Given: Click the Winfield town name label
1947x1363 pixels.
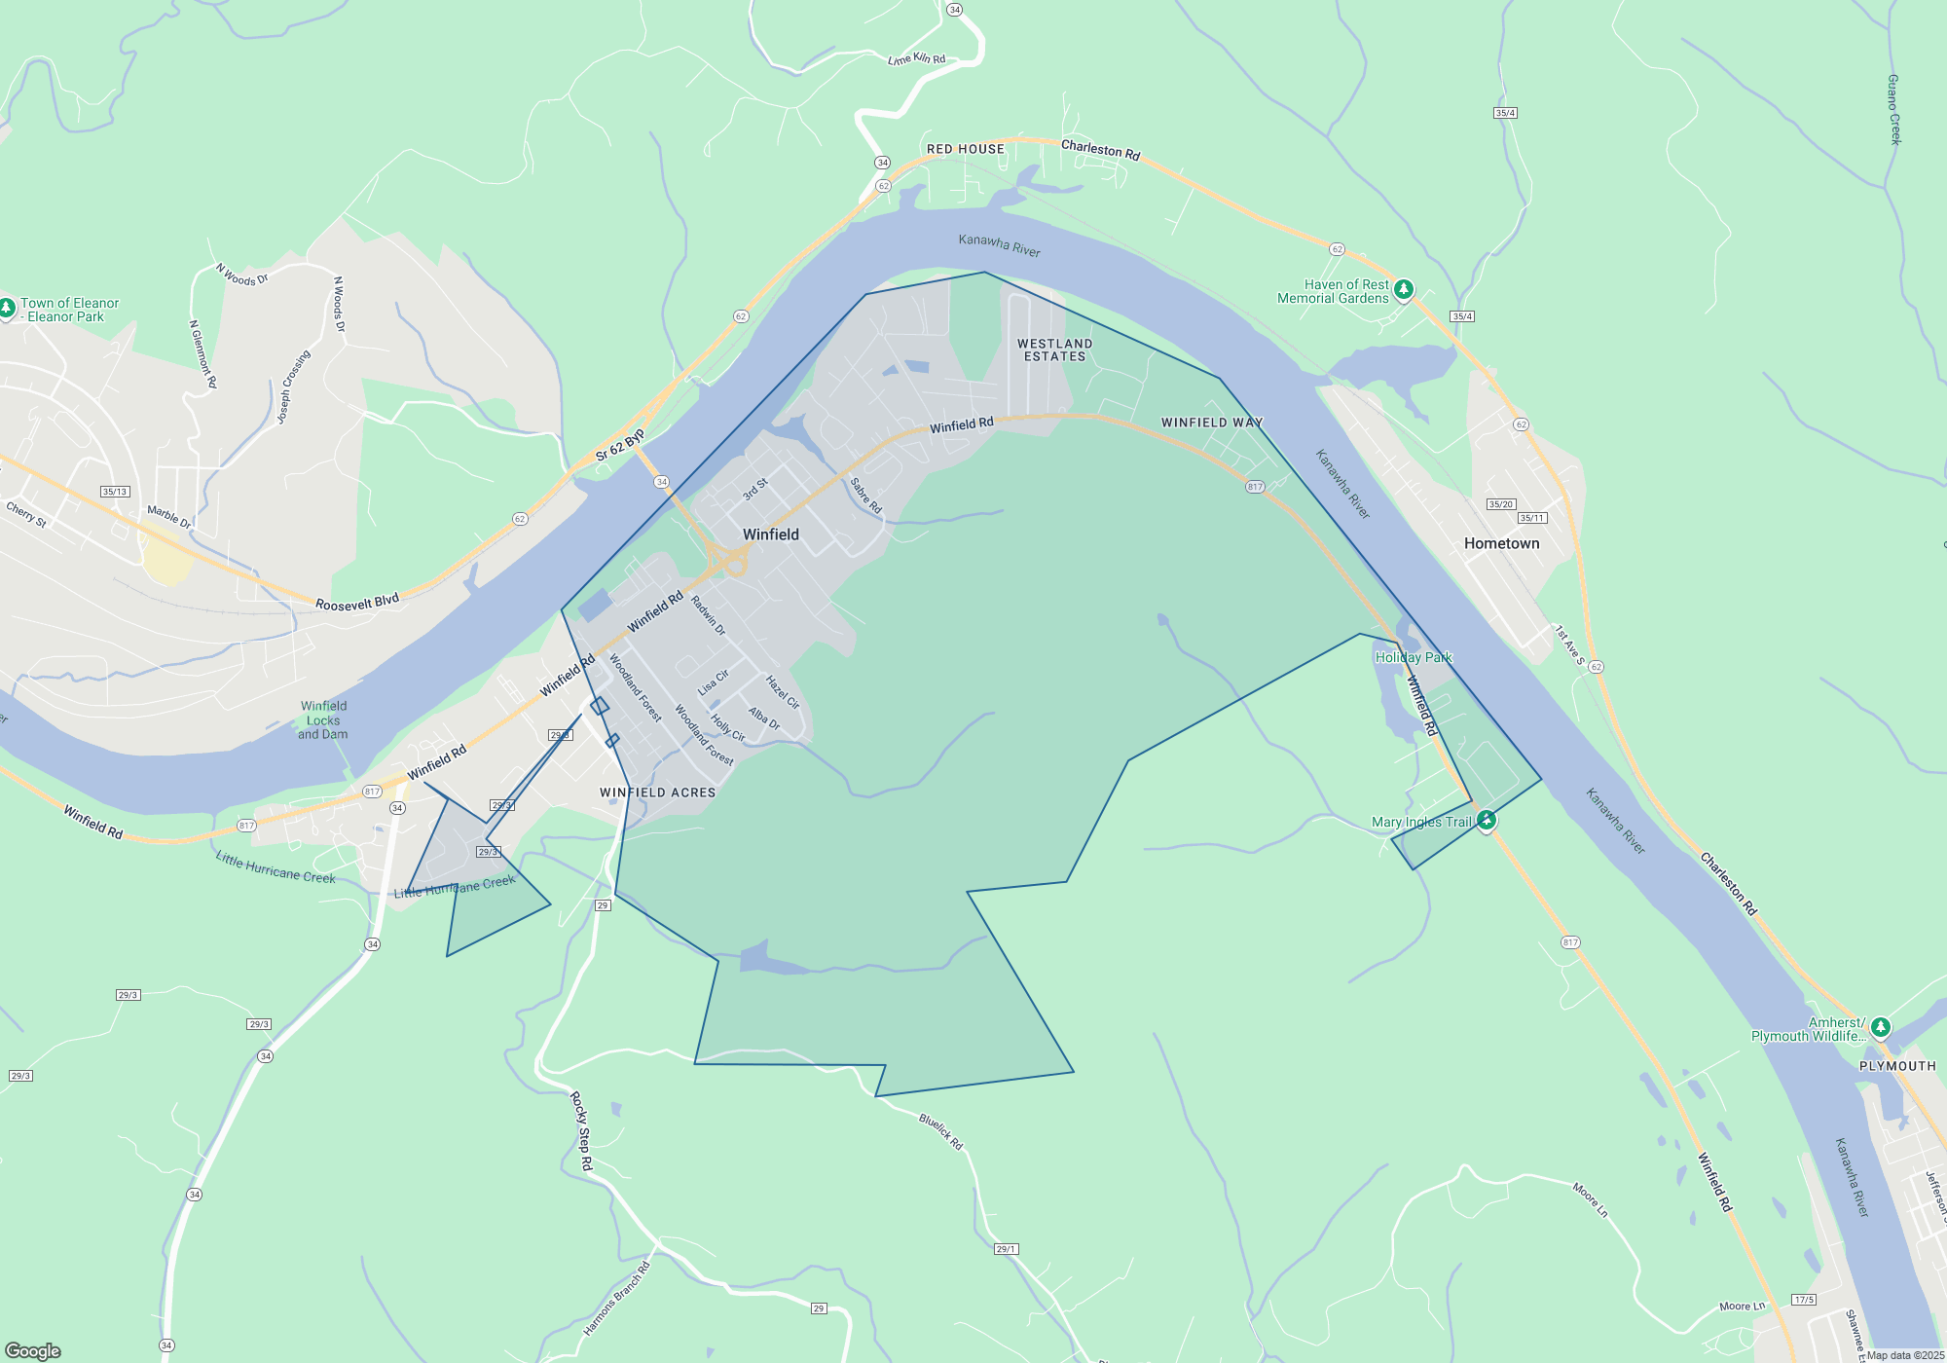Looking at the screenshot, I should [x=770, y=534].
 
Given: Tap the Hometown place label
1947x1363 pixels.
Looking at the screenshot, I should [x=1501, y=543].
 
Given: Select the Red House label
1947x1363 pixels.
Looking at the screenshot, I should [x=965, y=149].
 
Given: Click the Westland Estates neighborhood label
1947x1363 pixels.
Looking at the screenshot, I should [x=1054, y=350].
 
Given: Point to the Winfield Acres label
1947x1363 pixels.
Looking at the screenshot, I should [x=657, y=792].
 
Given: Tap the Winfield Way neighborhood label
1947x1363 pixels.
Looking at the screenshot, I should [x=1212, y=423].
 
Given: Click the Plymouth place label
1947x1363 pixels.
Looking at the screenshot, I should [x=1897, y=1066].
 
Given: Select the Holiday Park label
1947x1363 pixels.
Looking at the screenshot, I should [x=1413, y=657].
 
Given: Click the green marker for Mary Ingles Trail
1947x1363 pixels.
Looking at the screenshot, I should [x=1486, y=821].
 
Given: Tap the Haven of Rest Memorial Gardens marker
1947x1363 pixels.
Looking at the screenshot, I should [x=1403, y=289].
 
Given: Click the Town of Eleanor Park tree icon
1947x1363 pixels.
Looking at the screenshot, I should [x=7, y=308].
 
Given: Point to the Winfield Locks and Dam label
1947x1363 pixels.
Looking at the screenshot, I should [x=323, y=720].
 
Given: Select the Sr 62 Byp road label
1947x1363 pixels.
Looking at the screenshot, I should [x=620, y=444].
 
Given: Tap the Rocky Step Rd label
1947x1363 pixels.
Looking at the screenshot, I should [x=580, y=1130].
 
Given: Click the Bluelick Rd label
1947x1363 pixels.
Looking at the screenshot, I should [x=940, y=1132].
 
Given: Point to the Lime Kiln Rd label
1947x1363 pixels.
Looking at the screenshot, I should [x=916, y=59].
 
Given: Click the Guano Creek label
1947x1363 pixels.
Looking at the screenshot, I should [x=1893, y=109].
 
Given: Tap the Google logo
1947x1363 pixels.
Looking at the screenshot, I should [x=33, y=1350].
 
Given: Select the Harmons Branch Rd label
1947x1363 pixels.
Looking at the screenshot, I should [x=616, y=1299].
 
